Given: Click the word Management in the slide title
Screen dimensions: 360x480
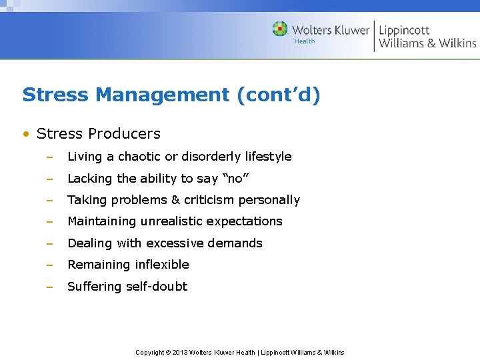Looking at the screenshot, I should (163, 95).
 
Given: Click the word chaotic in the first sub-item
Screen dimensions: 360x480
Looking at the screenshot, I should (139, 157).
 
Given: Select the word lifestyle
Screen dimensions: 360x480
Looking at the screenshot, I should (268, 157).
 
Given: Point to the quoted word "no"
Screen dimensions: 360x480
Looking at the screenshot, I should (235, 179).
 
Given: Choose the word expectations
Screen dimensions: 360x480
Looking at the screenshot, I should (244, 221).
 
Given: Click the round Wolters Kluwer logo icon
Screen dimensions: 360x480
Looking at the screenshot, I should (280, 29).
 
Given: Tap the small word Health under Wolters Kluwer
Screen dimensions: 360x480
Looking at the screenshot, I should (305, 41).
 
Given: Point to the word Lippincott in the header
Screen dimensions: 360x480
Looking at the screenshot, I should (404, 30).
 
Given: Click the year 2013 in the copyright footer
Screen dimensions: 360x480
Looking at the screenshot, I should (180, 352).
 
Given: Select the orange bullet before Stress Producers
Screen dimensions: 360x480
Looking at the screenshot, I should (26, 134).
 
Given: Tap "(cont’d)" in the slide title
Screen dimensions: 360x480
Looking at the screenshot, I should (278, 95).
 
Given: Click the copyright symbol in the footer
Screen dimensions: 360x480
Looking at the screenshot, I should (168, 352).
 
